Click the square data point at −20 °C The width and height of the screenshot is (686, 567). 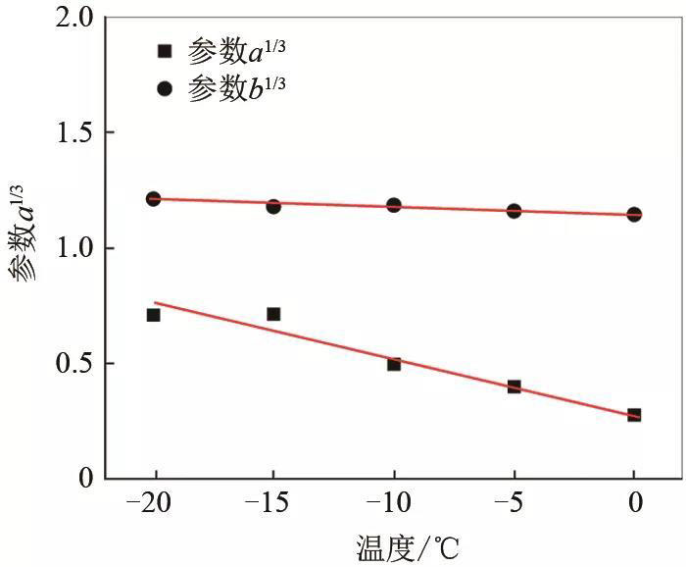(153, 315)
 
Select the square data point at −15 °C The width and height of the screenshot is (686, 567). (273, 314)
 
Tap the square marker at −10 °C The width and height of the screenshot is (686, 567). (394, 364)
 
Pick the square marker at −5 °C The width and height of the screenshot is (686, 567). (514, 387)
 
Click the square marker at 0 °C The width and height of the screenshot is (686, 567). (634, 415)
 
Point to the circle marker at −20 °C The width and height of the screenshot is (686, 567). (153, 198)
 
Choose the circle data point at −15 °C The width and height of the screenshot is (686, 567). (273, 206)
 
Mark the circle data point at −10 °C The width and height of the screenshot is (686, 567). (394, 205)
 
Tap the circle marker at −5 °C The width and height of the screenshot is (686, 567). (514, 211)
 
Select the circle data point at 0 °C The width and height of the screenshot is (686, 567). (634, 214)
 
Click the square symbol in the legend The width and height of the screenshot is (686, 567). (164, 51)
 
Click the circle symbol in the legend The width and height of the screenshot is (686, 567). (164, 88)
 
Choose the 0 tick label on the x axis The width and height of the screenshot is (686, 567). (634, 503)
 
